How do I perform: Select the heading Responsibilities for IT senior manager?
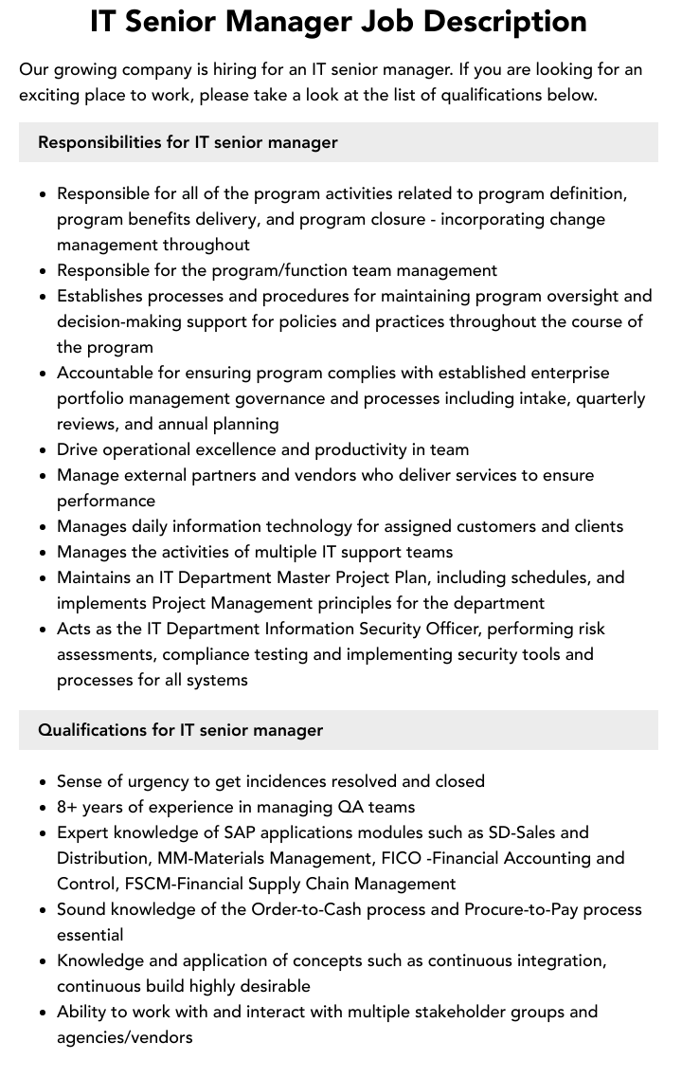click(188, 142)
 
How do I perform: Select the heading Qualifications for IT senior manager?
click(180, 730)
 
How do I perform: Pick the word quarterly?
click(604, 398)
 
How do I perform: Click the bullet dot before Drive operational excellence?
click(44, 450)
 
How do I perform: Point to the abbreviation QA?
click(351, 807)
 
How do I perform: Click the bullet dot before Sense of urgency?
click(44, 782)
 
